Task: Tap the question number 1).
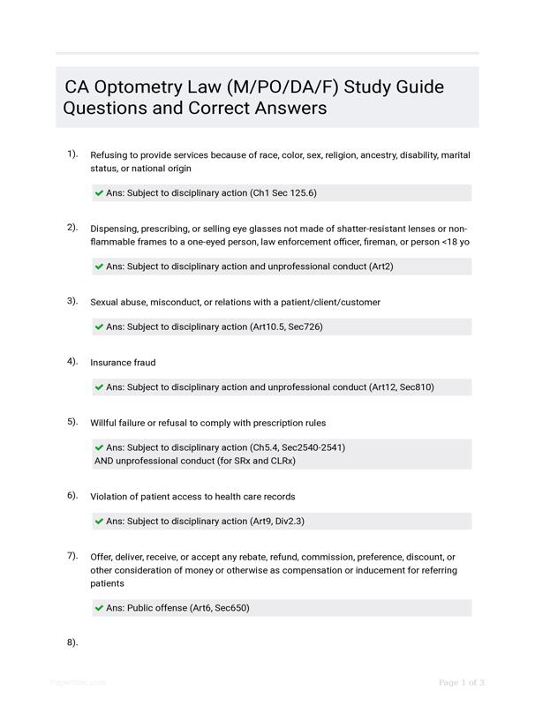coord(72,154)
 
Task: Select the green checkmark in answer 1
coord(99,192)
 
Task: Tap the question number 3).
coord(72,301)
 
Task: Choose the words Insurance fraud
coord(123,363)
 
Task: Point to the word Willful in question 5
coord(105,423)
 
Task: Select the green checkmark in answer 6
coord(99,521)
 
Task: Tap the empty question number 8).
coord(72,642)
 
